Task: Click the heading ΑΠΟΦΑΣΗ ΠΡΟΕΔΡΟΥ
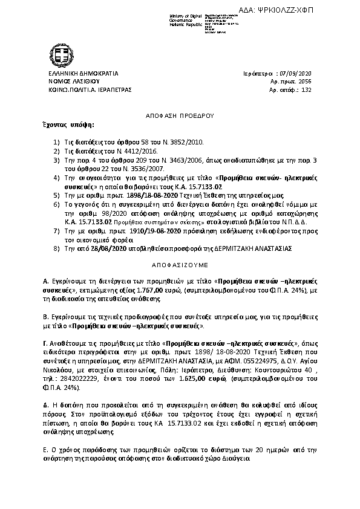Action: [180, 114]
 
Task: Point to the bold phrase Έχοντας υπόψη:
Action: [68, 124]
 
